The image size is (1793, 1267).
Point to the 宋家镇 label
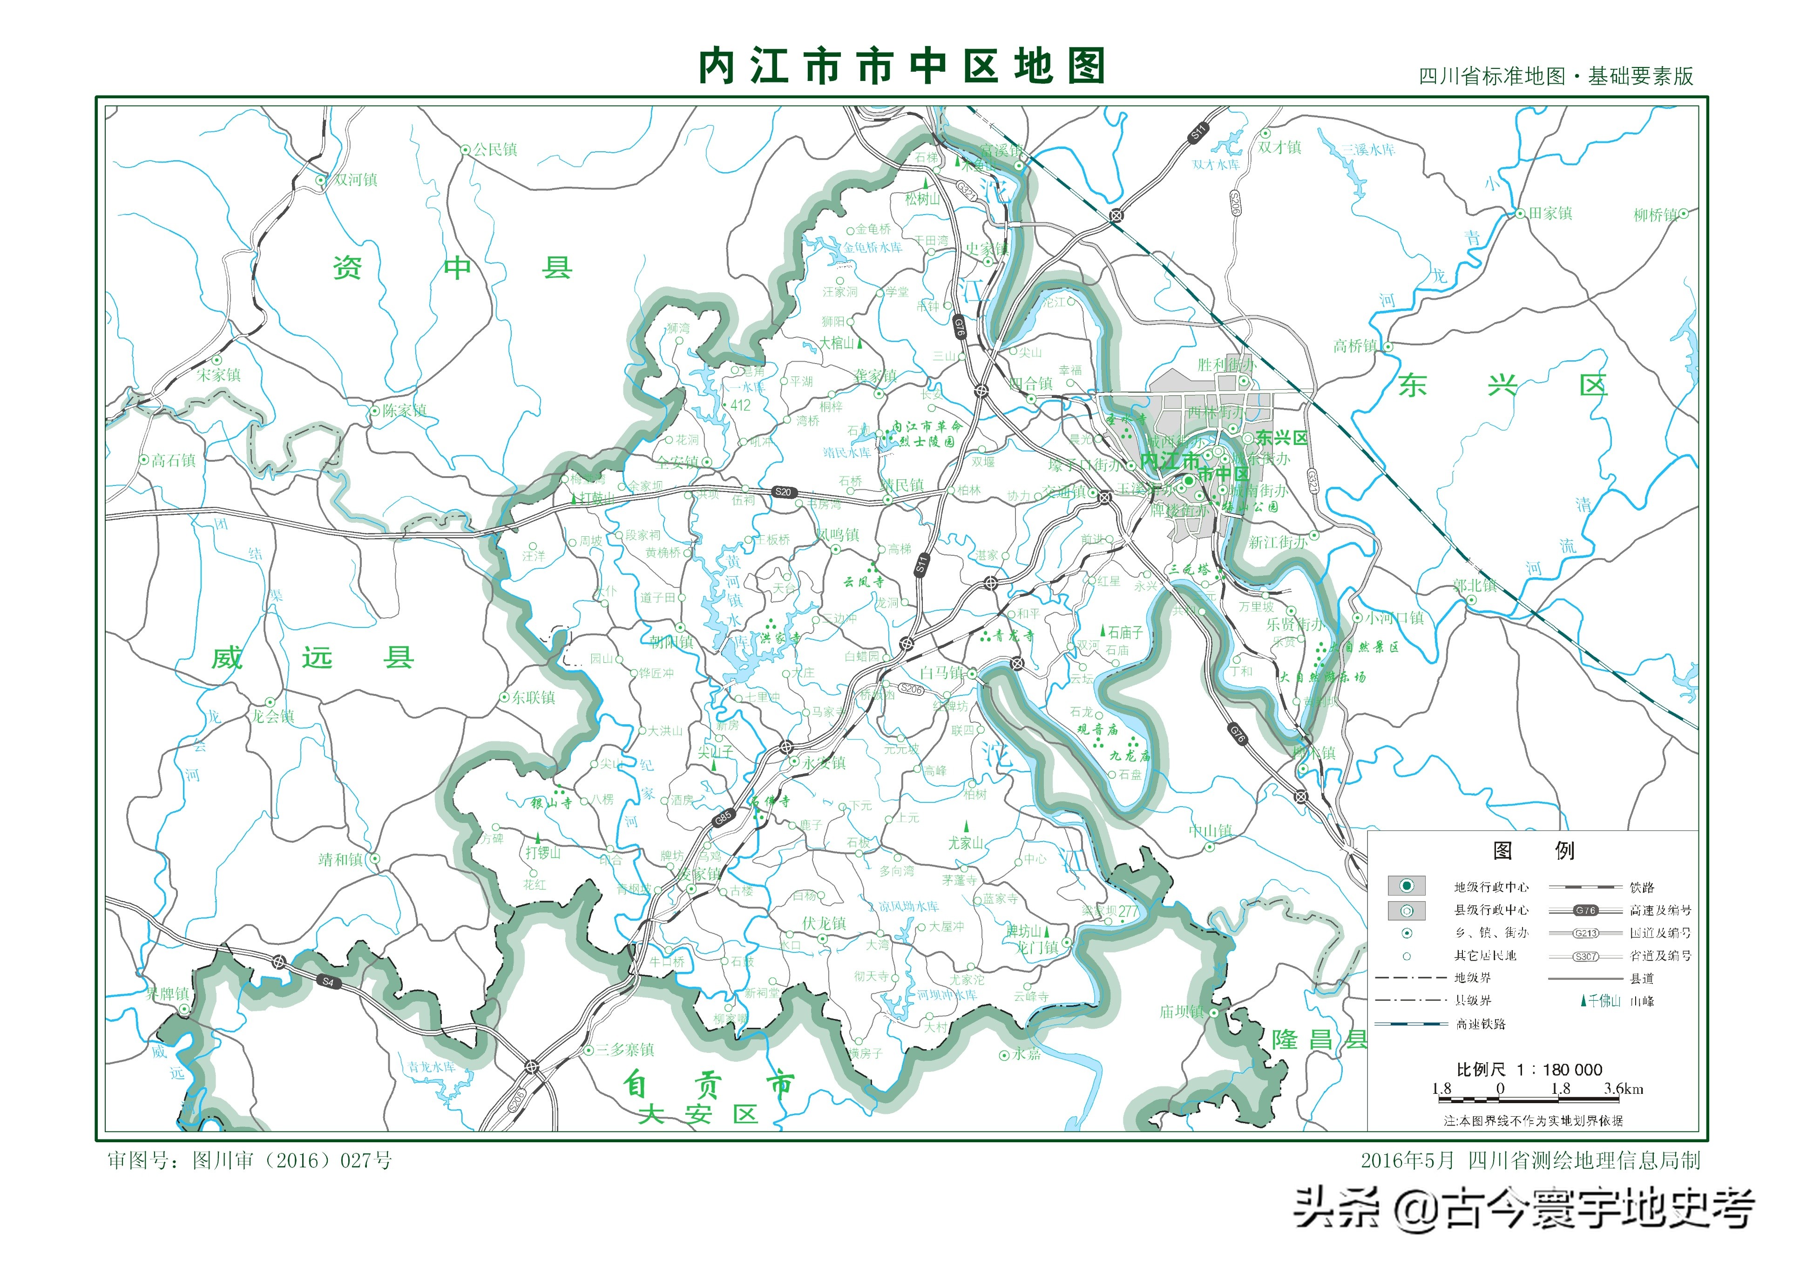coord(219,375)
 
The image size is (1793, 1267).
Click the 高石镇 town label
coord(173,461)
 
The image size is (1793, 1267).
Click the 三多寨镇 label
coord(625,1050)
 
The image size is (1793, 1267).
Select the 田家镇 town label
coord(1550,213)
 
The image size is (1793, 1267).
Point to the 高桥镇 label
coord(1356,346)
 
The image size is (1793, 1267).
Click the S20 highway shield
coord(783,492)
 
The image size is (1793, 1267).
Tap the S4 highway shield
coord(328,982)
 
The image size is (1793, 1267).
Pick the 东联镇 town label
coord(534,697)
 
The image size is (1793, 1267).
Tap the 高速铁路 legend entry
coord(1481,1024)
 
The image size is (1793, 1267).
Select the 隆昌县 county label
coord(1320,1040)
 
